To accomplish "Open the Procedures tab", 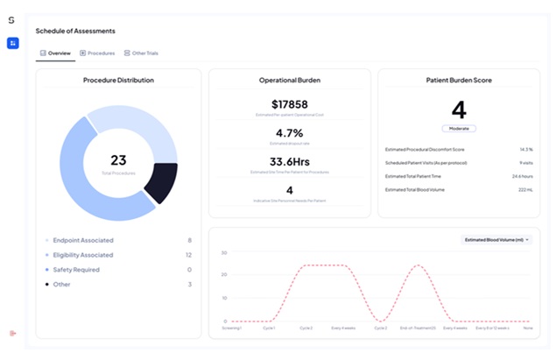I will pyautogui.click(x=97, y=53).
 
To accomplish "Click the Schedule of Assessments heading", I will pyautogui.click(x=75, y=31).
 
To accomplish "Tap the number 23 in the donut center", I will pyautogui.click(x=118, y=160).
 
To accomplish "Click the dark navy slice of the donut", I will pyautogui.click(x=160, y=182).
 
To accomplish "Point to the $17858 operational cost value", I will pyautogui.click(x=289, y=104).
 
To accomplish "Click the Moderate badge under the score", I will pyautogui.click(x=459, y=128).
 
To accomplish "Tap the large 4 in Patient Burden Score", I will pyautogui.click(x=459, y=109).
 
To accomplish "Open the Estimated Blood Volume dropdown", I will pyautogui.click(x=496, y=239).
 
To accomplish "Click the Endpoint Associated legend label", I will pyautogui.click(x=83, y=240).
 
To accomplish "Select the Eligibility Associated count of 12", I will pyautogui.click(x=188, y=255).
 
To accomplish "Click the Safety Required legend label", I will pyautogui.click(x=77, y=270).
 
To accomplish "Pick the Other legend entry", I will pyautogui.click(x=61, y=285).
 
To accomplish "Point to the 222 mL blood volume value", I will pyautogui.click(x=525, y=189).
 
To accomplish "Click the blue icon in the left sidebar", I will pyautogui.click(x=12, y=43).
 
